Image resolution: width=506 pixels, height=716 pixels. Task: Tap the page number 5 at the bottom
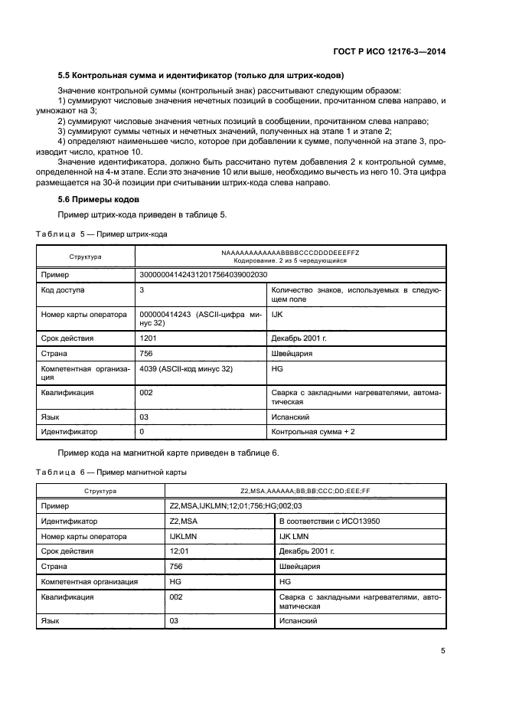(443, 650)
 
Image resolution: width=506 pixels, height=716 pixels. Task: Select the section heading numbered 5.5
(201, 76)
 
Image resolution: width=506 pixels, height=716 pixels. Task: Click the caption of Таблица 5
(102, 233)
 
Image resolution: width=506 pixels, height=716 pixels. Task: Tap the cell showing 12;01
(178, 551)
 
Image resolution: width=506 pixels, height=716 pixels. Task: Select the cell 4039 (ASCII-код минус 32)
(186, 368)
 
